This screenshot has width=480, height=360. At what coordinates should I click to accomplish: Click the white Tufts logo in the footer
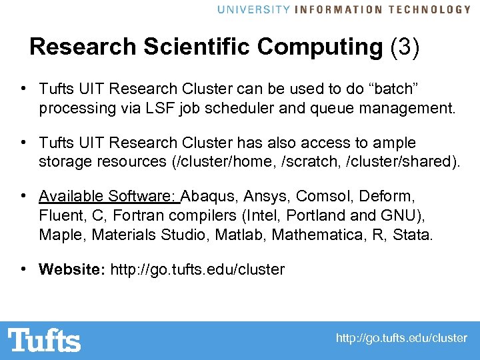pyautogui.click(x=45, y=340)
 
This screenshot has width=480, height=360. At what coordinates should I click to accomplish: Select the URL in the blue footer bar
pyautogui.click(x=401, y=339)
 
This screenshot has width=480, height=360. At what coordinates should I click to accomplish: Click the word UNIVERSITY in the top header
pyautogui.click(x=254, y=9)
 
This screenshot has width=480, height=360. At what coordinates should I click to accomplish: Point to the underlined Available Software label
pyautogui.click(x=108, y=196)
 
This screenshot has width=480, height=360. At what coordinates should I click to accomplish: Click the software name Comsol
pyautogui.click(x=325, y=196)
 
